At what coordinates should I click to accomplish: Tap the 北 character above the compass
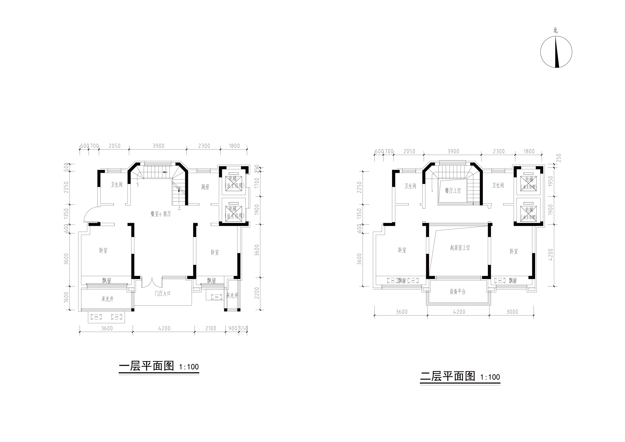pyautogui.click(x=555, y=30)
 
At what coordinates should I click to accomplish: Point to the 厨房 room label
pyautogui.click(x=205, y=187)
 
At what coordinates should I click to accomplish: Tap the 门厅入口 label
pyautogui.click(x=162, y=294)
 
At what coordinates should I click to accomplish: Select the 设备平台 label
pyautogui.click(x=458, y=292)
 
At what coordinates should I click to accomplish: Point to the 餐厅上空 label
pyautogui.click(x=453, y=191)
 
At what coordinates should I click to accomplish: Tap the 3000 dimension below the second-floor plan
pyautogui.click(x=512, y=312)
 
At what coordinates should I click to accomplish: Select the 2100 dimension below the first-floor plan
pyautogui.click(x=210, y=329)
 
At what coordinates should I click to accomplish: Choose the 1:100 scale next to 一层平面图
pyautogui.click(x=189, y=367)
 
